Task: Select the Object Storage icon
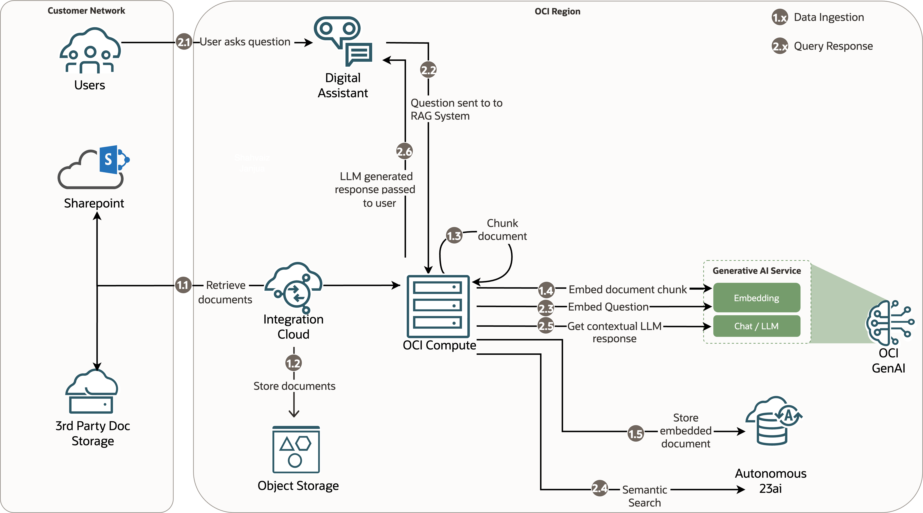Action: point(296,450)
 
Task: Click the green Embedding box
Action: point(756,298)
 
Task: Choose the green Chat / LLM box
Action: point(756,326)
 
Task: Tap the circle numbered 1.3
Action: point(454,235)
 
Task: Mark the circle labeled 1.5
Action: point(636,433)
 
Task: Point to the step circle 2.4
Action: point(599,488)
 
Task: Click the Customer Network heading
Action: point(86,11)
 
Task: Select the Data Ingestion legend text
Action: point(829,17)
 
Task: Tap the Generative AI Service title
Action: point(756,271)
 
